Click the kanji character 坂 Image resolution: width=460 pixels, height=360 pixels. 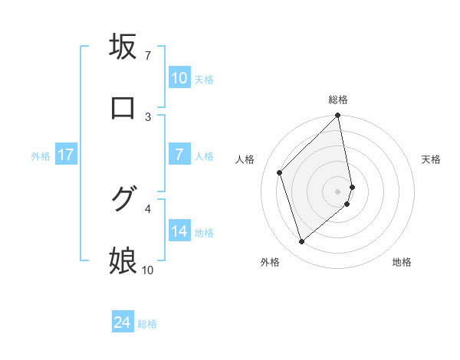click(x=123, y=47)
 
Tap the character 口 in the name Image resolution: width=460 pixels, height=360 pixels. click(x=123, y=109)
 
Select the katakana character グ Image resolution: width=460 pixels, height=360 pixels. click(x=123, y=199)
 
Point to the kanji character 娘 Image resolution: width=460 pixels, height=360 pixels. click(x=123, y=261)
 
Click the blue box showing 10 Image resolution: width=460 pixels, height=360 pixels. click(x=179, y=78)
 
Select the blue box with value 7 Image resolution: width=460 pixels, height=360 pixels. click(x=179, y=155)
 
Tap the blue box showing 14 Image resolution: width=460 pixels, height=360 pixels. click(x=179, y=232)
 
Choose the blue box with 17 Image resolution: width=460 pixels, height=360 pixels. click(x=66, y=155)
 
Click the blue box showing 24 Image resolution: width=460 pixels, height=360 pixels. click(x=123, y=323)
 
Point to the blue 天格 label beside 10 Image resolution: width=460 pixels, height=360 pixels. click(x=204, y=79)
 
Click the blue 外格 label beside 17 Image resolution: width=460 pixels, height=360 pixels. click(x=41, y=155)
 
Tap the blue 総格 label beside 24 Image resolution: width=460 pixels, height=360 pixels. click(x=147, y=324)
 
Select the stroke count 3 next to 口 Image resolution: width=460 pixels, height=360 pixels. click(x=148, y=116)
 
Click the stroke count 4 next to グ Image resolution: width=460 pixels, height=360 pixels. click(x=148, y=208)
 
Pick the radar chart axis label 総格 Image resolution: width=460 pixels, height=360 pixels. click(x=338, y=100)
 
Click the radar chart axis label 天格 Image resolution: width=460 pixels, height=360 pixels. click(x=432, y=159)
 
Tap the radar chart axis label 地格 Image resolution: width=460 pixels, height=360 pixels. click(x=402, y=262)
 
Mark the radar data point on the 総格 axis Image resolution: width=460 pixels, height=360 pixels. click(x=338, y=116)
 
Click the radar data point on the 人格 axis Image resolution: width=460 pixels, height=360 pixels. click(x=280, y=172)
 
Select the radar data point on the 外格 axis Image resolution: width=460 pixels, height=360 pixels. click(x=302, y=241)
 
